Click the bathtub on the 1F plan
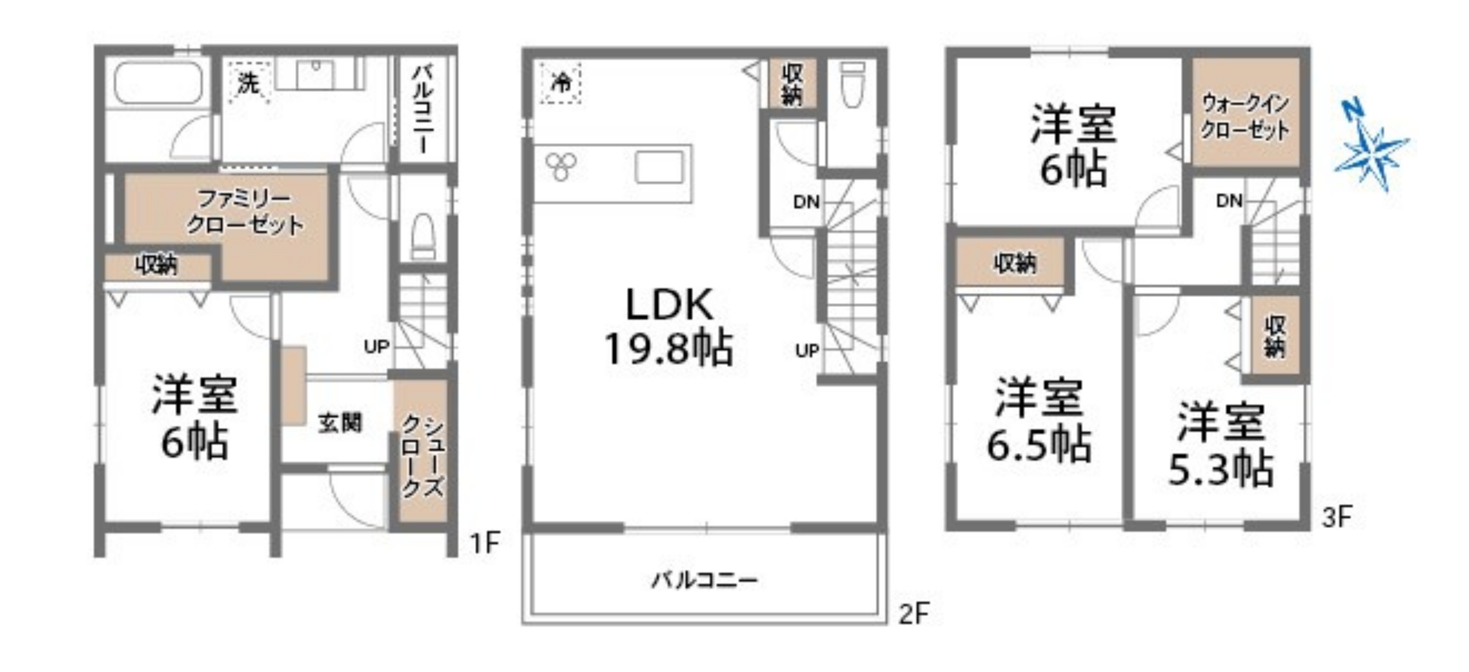pyautogui.click(x=159, y=83)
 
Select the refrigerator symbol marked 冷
pyautogui.click(x=561, y=83)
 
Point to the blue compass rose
pyautogui.click(x=1371, y=152)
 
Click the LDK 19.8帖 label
pyautogui.click(x=669, y=326)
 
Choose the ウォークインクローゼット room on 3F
pyautogui.click(x=1246, y=112)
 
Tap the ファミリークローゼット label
pyautogui.click(x=245, y=212)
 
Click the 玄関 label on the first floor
pyautogui.click(x=340, y=423)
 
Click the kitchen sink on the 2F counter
pyautogui.click(x=659, y=167)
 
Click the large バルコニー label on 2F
pyautogui.click(x=705, y=581)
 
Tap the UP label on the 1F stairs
pyautogui.click(x=376, y=346)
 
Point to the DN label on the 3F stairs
pyautogui.click(x=1229, y=201)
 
